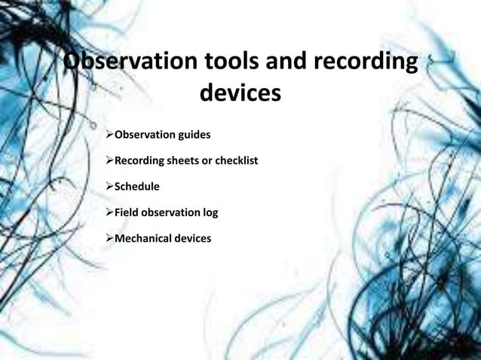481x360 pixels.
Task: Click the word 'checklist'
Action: tap(236, 160)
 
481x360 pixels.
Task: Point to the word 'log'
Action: tap(210, 212)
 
